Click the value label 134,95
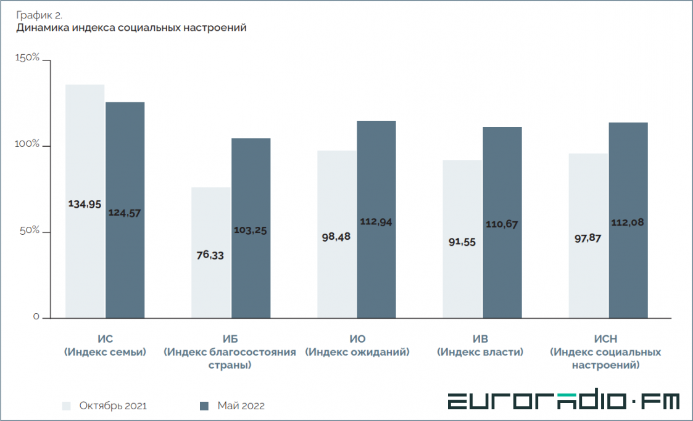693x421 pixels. tap(85, 204)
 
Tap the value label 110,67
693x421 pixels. tap(502, 224)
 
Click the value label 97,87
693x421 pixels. tap(587, 237)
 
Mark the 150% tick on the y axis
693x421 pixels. tap(28, 58)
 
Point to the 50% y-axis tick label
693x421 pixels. tap(29, 231)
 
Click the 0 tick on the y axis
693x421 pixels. tap(36, 317)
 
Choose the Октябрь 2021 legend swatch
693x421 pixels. tap(67, 406)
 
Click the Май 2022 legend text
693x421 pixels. tap(241, 406)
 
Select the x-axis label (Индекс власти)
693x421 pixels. tap(480, 352)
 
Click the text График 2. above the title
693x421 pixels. tap(39, 14)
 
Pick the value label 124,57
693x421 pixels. tap(125, 213)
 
